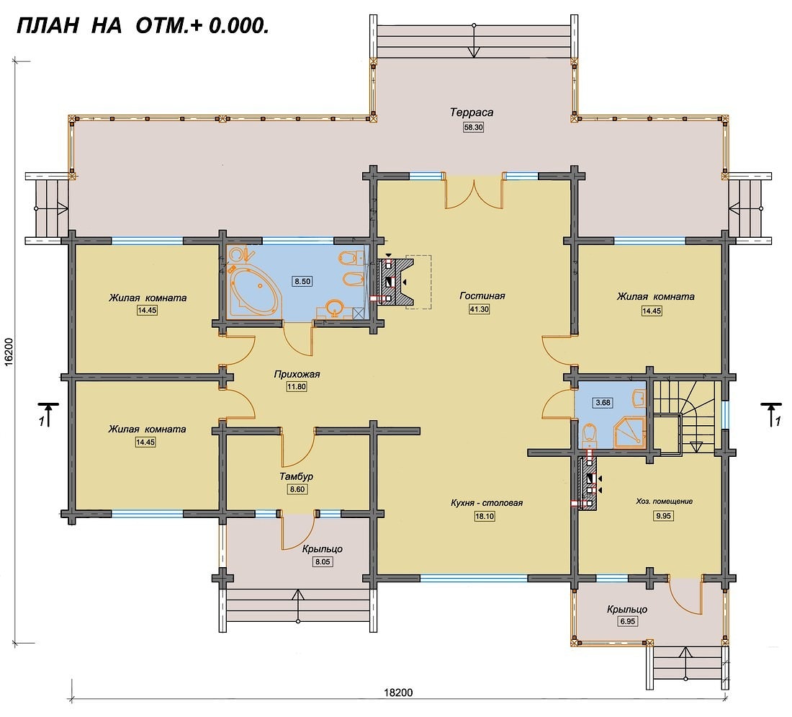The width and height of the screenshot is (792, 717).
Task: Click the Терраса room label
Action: pyautogui.click(x=472, y=112)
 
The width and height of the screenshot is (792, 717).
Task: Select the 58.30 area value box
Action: pyautogui.click(x=473, y=128)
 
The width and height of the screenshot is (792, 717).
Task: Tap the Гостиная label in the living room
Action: pyautogui.click(x=482, y=295)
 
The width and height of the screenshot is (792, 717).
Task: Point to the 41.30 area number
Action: pyautogui.click(x=479, y=309)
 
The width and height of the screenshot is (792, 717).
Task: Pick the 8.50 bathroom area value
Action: pyautogui.click(x=302, y=281)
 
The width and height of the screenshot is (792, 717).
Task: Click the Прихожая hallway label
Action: pyautogui.click(x=297, y=375)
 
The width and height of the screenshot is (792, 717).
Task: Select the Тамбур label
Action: pyautogui.click(x=297, y=476)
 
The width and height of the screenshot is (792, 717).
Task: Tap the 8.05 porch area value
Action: pyautogui.click(x=323, y=562)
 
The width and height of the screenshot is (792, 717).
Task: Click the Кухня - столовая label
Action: pyautogui.click(x=487, y=503)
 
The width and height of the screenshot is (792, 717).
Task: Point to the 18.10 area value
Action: pyautogui.click(x=484, y=516)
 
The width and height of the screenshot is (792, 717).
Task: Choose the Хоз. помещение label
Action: pyautogui.click(x=664, y=502)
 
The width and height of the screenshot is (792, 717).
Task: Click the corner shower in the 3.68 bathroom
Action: pyautogui.click(x=630, y=433)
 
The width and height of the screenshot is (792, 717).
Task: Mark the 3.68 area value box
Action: pyautogui.click(x=603, y=403)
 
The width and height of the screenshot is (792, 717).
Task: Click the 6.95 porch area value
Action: pyautogui.click(x=627, y=621)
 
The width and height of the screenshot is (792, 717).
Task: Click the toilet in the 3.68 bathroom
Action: pyautogui.click(x=590, y=435)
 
